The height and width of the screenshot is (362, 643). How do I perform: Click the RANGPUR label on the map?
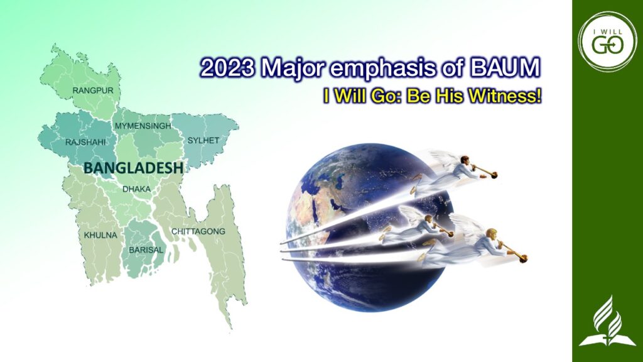point(93,90)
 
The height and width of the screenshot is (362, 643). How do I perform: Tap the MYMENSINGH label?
point(143,126)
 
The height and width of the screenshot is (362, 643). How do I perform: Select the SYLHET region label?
point(203,140)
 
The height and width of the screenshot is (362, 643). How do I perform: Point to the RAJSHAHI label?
point(85,143)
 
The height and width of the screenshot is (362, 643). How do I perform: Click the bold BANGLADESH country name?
point(133,168)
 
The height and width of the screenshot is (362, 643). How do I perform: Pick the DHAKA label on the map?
point(136,189)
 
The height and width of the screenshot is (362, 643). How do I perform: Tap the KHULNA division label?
point(100,235)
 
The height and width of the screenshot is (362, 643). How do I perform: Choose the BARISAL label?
point(146,250)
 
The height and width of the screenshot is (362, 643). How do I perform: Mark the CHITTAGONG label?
point(198,231)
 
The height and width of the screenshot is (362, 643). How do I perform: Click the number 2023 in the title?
point(227,68)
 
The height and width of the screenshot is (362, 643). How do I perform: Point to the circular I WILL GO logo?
point(607,41)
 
